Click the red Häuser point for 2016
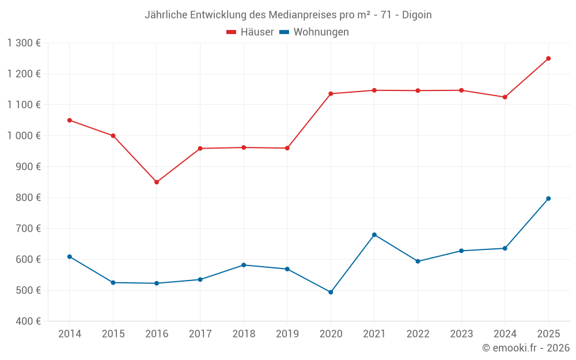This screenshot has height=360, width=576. pos(157,182)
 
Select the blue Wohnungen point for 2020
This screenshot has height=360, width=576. pos(331,292)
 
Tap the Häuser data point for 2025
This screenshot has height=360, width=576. pos(548,58)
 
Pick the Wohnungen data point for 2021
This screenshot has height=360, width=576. pos(374,234)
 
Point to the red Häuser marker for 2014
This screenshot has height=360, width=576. pos(70,120)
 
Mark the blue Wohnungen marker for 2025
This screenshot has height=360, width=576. pos(548,199)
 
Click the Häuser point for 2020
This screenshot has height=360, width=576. pos(331,94)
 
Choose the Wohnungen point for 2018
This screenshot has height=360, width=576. pos(244,265)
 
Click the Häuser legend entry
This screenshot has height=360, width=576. pos(250,32)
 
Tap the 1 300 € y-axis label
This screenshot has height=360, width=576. pos(24,43)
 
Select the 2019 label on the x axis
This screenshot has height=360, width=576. pos(287,334)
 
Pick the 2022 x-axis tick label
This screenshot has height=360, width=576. pos(418,334)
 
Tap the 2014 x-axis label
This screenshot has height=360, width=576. pos(70,334)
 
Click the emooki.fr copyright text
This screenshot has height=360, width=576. pos(525,348)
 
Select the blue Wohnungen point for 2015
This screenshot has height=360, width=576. pos(113,283)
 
